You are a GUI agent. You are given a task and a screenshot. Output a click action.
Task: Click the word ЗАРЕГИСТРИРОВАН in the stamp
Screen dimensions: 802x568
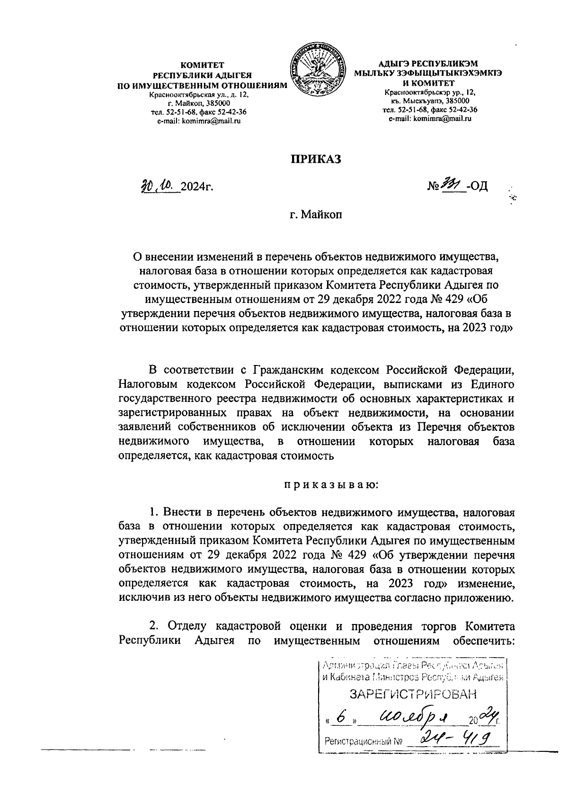(x=412, y=694)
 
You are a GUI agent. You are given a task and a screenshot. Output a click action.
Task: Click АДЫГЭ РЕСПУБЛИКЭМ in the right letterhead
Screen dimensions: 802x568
(x=428, y=63)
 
